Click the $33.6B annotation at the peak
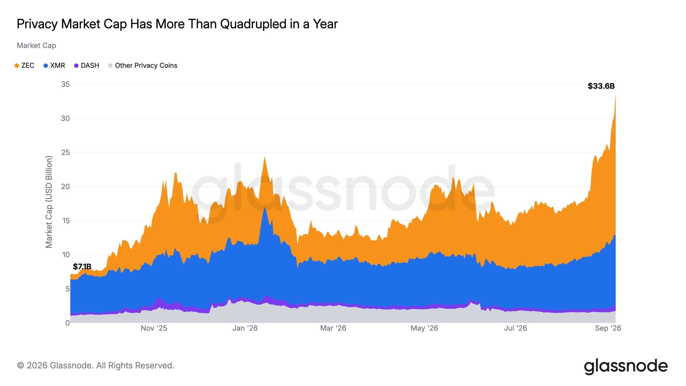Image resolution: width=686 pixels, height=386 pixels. point(601,86)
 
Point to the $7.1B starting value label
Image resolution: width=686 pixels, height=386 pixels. point(82,266)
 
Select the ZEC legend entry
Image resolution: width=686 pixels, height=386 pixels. point(24,65)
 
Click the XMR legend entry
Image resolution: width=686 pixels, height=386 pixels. point(54,65)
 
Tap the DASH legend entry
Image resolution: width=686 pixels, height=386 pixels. point(87,65)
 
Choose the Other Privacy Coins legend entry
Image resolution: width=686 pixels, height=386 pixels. point(143,65)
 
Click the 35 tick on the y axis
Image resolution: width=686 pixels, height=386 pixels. point(65,84)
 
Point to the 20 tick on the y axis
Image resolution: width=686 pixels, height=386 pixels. point(65,187)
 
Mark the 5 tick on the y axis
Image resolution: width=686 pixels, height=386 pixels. point(68,289)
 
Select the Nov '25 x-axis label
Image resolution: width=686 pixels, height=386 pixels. point(154,328)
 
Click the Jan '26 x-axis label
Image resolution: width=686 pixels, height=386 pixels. point(245,328)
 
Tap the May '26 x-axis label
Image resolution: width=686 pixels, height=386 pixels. point(424,328)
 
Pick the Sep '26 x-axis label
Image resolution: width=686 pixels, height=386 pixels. point(608,328)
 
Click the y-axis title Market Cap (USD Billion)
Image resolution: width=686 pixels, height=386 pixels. point(49,202)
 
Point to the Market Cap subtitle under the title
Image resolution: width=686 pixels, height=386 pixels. point(36,46)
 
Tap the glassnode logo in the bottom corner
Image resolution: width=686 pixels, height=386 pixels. point(626,366)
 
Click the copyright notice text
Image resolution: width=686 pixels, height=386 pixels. point(96,365)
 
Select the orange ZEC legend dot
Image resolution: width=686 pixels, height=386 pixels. point(17,66)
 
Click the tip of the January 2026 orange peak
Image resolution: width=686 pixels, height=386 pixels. point(264,157)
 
